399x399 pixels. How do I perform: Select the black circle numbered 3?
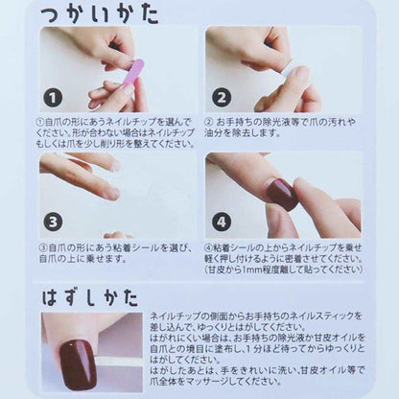click(x=54, y=221)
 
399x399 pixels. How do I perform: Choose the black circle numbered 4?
click(x=221, y=221)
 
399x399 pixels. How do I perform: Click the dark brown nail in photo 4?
click(x=283, y=192)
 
